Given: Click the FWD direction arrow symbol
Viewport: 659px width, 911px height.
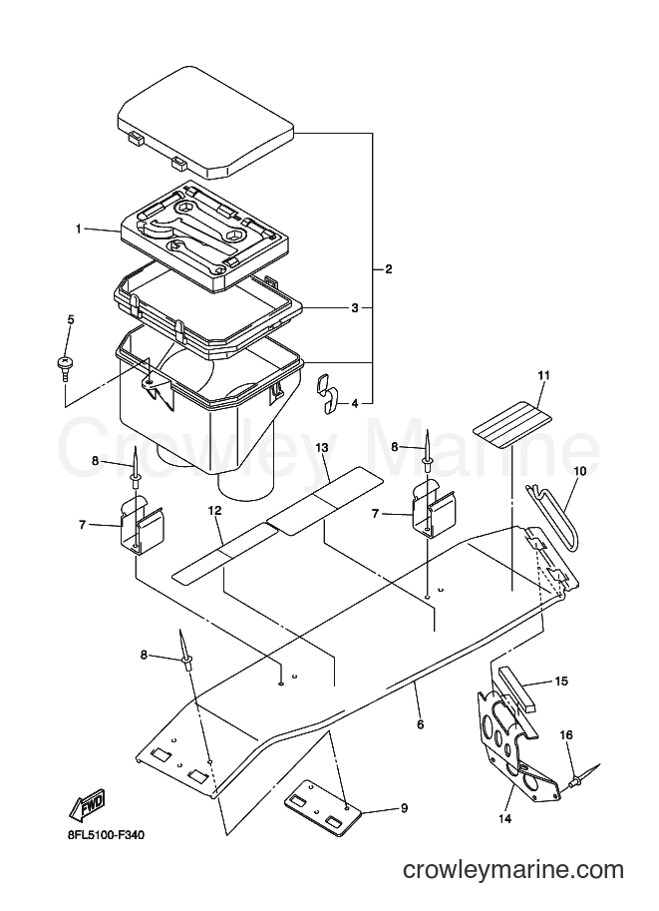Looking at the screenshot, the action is pos(87,804).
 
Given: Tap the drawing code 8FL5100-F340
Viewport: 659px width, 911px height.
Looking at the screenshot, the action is pos(105,835).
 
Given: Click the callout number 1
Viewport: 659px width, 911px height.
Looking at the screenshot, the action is pos(78,228).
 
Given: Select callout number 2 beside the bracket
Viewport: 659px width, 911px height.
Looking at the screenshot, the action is pos(389,269).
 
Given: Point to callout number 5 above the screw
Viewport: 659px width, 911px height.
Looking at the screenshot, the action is pos(71,319).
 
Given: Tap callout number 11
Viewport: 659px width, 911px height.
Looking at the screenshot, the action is pos(543,375).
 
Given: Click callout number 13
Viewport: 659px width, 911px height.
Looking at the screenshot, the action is pos(322,447).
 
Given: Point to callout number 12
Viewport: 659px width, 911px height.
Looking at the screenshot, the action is pos(214,510).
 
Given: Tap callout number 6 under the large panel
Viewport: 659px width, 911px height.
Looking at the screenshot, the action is pos(421,724).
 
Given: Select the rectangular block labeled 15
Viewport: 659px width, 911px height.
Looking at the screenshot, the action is pos(519,690).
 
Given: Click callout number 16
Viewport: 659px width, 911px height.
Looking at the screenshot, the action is pos(566,735).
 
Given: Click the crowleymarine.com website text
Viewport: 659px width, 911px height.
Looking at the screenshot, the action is pos(513,870).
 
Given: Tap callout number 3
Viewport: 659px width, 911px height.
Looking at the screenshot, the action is pos(355,308).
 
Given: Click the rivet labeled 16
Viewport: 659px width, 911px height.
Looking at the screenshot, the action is pos(582,778).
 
